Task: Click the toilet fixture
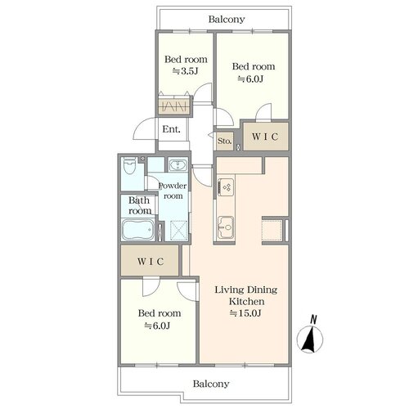point(129,165)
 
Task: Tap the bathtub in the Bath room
point(138,230)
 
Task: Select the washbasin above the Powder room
point(178,165)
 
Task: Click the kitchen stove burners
point(226,187)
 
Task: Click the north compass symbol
point(310,339)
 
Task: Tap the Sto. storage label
point(224,141)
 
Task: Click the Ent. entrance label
point(172,129)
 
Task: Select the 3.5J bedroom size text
point(185,71)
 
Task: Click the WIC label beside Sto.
point(265,137)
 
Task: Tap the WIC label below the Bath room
point(151,262)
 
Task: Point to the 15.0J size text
point(245,313)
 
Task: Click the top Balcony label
point(227,19)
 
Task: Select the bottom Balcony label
point(211,384)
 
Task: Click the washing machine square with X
point(178,231)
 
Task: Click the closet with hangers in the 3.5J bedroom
point(174,106)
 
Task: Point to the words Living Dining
point(246,290)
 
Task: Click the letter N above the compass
point(314,319)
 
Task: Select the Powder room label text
point(173,191)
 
